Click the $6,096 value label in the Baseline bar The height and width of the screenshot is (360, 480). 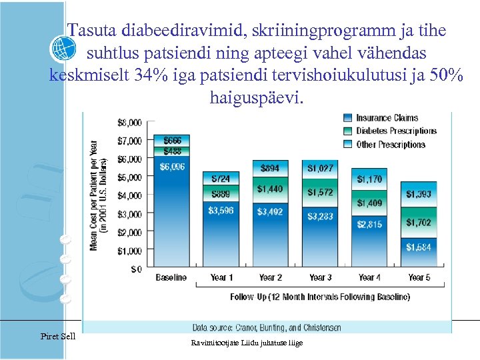[172, 167]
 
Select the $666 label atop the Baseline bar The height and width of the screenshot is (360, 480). [172, 141]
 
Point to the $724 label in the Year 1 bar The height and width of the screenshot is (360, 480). [221, 179]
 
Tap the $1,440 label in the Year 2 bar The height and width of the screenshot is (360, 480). [270, 189]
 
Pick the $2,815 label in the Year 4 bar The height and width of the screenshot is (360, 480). [369, 224]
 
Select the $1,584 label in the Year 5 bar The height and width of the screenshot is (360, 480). [419, 247]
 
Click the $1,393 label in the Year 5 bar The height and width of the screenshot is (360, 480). [419, 194]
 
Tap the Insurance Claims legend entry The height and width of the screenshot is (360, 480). [387, 118]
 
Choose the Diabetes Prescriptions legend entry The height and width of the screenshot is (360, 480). [395, 131]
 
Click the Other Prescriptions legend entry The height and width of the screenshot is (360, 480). [390, 144]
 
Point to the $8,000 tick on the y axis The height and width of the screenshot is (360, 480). [129, 123]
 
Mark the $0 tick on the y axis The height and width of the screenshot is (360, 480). [135, 269]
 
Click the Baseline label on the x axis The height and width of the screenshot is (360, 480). [171, 277]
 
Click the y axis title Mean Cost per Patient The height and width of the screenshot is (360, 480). [98, 195]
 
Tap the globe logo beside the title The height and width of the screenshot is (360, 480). [64, 49]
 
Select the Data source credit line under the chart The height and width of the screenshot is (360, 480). [267, 327]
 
